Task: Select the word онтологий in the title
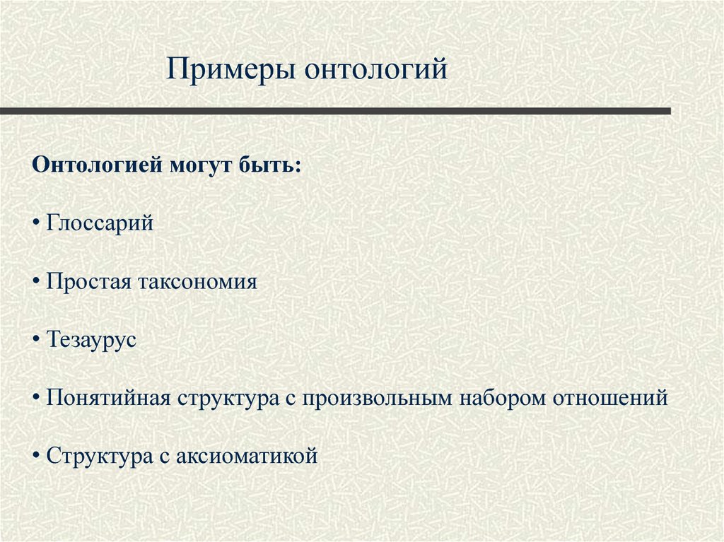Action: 376,71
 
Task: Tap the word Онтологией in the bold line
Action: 97,166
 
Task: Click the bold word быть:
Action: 271,166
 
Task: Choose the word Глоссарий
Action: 100,224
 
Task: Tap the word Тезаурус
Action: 91,340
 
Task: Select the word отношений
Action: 609,398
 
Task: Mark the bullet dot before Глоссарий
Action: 36,225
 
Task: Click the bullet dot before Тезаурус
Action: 36,341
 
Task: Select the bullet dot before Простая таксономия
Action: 36,283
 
